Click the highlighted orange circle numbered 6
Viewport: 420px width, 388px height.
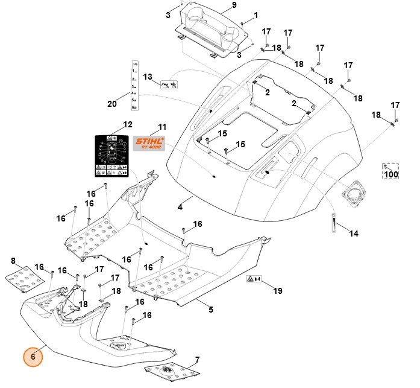click(34, 357)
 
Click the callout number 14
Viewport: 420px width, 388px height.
click(354, 234)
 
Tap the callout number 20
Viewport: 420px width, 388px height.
click(111, 103)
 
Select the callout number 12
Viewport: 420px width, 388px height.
click(127, 124)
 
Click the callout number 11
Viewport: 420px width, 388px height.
click(161, 127)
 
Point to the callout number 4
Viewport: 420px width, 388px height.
click(180, 207)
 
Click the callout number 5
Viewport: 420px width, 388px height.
click(210, 310)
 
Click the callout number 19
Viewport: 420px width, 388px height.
click(277, 291)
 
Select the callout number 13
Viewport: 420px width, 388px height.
click(148, 77)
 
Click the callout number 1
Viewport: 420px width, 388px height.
click(255, 14)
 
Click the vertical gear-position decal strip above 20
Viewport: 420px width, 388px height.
click(136, 85)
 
